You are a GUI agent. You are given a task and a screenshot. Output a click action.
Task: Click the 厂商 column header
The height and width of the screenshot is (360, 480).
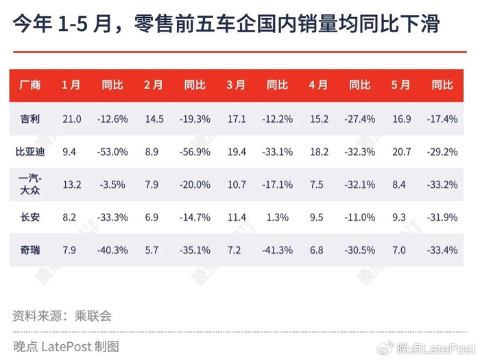(29, 85)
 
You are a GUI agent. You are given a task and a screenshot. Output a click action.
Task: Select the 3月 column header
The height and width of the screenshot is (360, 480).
(236, 85)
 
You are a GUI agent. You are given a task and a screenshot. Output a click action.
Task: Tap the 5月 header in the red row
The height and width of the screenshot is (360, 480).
(400, 85)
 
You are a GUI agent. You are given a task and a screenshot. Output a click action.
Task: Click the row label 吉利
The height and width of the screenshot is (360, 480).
(29, 119)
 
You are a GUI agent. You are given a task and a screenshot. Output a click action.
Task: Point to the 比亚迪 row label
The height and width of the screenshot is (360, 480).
(30, 152)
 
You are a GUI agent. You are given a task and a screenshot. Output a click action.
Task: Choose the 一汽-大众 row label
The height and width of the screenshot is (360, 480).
(30, 184)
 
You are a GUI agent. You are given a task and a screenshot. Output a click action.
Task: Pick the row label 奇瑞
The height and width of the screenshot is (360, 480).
(29, 250)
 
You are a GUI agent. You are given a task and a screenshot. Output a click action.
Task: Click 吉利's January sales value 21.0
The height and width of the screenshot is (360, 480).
(72, 119)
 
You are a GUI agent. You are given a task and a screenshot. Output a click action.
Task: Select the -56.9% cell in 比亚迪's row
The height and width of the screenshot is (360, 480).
(195, 152)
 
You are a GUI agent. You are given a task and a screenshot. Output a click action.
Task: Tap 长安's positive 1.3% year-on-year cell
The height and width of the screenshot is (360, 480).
(277, 217)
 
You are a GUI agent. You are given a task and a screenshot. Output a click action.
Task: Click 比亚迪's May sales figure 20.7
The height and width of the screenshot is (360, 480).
(402, 152)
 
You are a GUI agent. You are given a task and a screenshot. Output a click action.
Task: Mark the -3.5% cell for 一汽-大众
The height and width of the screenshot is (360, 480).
(112, 184)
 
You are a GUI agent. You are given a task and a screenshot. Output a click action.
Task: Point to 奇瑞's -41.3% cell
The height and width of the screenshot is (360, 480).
(277, 250)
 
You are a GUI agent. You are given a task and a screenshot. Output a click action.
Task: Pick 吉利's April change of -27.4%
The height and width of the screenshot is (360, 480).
(360, 119)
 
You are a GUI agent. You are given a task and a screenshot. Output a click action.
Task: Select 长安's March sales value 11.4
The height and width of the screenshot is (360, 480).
(237, 217)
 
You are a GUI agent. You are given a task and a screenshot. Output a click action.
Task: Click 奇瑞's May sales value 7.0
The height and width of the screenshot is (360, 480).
(399, 250)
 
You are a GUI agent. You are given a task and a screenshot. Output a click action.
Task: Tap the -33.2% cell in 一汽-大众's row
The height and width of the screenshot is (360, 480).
(442, 184)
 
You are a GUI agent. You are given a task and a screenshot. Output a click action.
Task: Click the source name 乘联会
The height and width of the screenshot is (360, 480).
(93, 316)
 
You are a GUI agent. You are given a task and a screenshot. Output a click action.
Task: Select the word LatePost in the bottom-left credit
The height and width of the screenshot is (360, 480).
(67, 346)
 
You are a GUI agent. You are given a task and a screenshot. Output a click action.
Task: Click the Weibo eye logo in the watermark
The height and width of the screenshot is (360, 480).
(385, 348)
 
